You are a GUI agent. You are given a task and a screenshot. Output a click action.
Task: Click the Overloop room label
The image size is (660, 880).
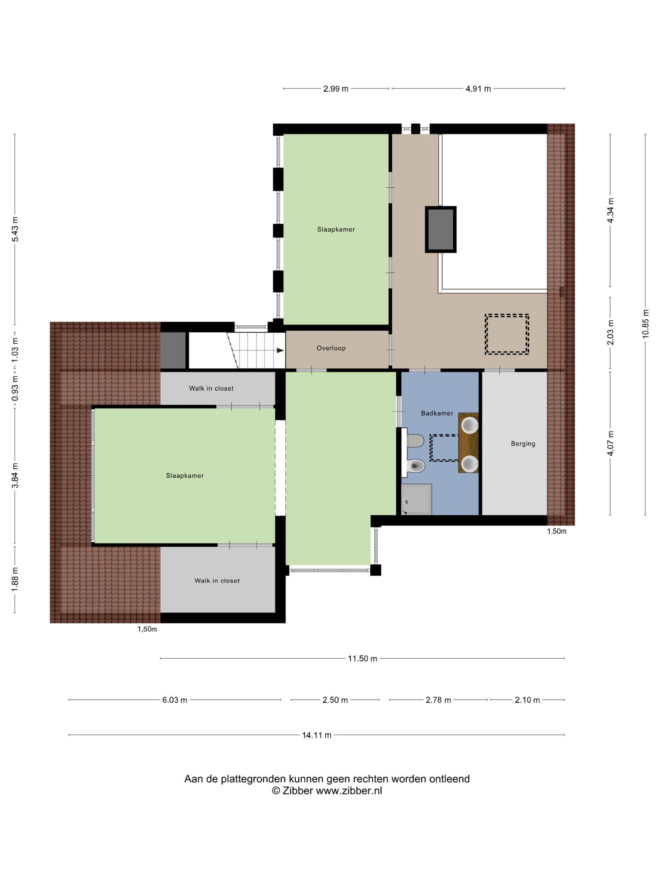pos(331,348)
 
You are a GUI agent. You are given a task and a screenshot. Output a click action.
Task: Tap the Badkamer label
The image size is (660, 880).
pos(437,413)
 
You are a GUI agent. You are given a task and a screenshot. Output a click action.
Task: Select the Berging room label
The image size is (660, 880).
pos(523,443)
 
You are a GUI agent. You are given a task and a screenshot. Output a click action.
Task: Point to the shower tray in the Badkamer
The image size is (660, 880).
pos(416,499)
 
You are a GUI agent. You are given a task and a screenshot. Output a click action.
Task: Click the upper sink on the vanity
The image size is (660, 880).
pos(470,425)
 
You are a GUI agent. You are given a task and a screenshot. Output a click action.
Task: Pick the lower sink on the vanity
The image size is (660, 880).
pos(470,464)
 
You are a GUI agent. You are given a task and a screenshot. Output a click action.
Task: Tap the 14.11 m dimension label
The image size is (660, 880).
pos(317,735)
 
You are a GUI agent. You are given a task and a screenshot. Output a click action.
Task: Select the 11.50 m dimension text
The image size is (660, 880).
pos(362,659)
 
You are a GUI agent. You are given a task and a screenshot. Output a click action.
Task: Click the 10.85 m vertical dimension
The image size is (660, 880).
pos(645,324)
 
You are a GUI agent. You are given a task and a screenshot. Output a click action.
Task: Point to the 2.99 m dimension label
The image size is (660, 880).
pos(336,89)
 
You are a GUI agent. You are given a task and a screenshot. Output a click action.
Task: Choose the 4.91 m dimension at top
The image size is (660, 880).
pos(478,89)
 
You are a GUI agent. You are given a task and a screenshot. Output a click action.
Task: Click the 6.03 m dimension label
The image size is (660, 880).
pos(174,700)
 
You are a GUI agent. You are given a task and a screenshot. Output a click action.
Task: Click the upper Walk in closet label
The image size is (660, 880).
pos(211,388)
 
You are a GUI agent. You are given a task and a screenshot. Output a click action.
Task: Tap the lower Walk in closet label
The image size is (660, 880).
pos(217,581)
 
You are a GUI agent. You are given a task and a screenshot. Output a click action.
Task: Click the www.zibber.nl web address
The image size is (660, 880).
pos(349,791)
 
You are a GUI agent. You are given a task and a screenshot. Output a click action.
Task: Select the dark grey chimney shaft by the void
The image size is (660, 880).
pos(441,229)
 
